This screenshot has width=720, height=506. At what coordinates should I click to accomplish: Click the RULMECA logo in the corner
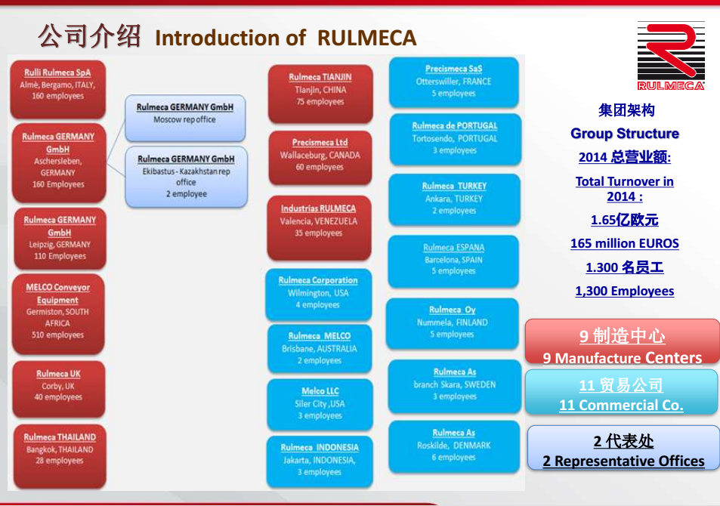tap(670, 56)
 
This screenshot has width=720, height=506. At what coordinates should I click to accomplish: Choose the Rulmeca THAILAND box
tap(59, 451)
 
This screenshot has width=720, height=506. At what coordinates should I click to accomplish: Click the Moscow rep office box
tap(185, 116)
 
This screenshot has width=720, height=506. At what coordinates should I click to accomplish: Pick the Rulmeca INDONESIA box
tap(320, 461)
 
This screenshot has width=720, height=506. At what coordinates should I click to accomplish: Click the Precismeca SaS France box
tap(453, 82)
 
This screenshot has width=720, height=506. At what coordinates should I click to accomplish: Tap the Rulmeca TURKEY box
tap(454, 199)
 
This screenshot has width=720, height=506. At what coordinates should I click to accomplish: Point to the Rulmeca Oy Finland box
tap(453, 322)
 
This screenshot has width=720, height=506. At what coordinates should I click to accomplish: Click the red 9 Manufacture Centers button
tap(622, 344)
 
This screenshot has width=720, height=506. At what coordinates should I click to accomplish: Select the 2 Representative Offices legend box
tap(623, 449)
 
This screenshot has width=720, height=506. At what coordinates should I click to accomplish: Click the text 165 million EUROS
tap(624, 243)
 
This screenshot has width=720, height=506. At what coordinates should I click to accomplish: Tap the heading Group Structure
tap(624, 134)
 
